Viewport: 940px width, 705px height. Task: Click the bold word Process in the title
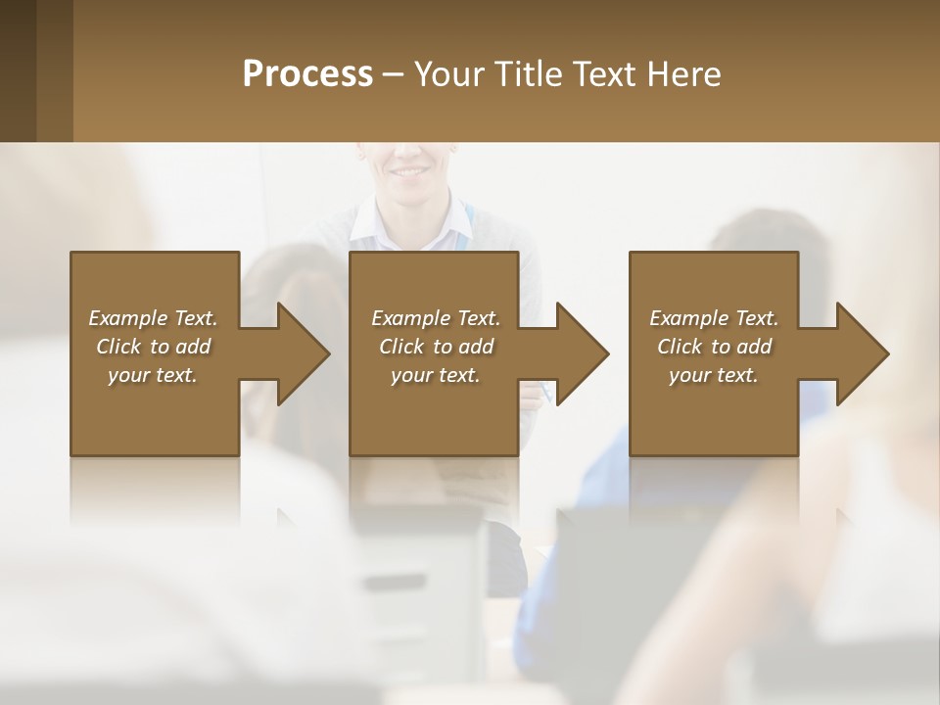pos(307,74)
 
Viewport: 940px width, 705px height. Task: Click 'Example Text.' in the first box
pos(153,318)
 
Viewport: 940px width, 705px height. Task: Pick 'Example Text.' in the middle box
pos(436,318)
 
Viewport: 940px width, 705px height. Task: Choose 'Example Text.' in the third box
pos(714,318)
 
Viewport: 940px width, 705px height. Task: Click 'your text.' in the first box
pos(153,375)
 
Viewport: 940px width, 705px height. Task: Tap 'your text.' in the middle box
pos(436,375)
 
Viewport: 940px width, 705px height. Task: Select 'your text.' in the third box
pos(714,375)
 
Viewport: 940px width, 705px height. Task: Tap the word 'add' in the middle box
pos(476,347)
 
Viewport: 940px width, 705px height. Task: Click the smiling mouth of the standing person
pos(404,172)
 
